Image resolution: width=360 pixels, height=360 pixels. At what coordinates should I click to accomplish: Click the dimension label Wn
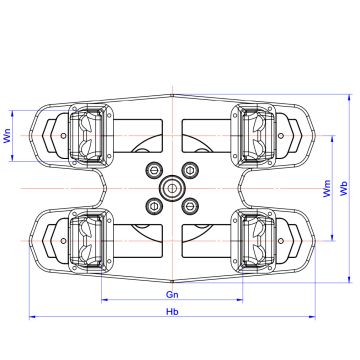coord(7,136)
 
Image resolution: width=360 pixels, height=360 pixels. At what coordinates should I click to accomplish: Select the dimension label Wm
coord(328,188)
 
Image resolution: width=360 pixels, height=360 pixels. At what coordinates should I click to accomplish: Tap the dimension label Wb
coord(344,188)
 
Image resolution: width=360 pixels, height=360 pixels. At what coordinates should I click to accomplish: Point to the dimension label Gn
coord(172,295)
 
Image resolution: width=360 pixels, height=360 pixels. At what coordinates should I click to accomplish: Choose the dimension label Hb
coord(172,312)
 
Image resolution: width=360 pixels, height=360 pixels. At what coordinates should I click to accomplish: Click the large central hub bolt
coord(172,188)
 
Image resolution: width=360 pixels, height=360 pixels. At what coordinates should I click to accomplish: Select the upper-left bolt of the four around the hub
coord(154,170)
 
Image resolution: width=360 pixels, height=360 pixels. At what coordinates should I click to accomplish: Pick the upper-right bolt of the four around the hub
coord(190,170)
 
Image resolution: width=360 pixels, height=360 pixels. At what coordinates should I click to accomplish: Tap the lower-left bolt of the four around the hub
coord(154,206)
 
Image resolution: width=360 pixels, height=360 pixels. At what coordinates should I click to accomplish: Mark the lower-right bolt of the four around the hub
coord(190,206)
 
